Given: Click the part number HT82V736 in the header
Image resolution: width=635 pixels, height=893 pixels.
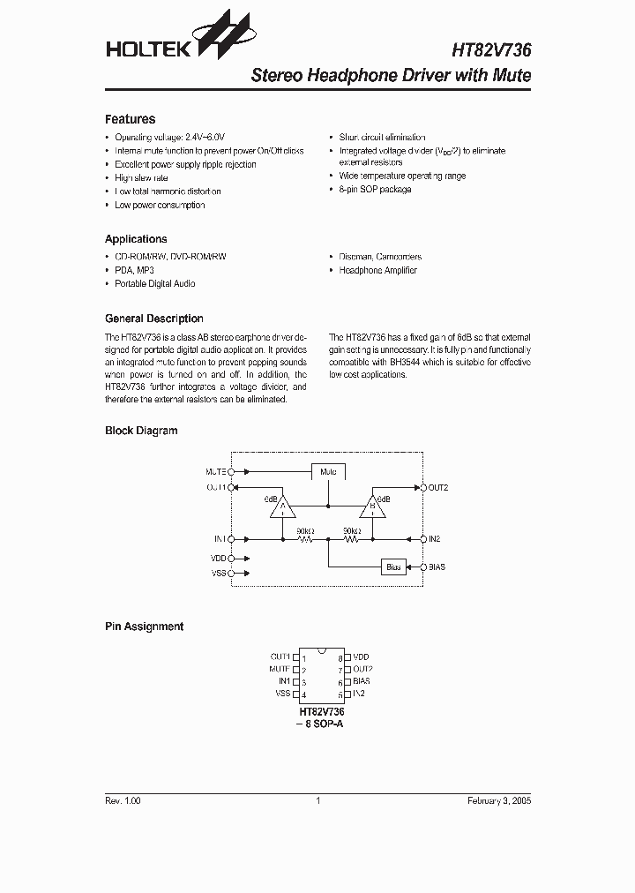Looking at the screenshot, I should [491, 51].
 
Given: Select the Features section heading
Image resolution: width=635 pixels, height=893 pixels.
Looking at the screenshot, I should [130, 119].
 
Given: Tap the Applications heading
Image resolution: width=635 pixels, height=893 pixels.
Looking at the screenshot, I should [136, 239].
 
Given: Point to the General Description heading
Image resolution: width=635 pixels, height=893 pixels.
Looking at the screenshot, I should [153, 319].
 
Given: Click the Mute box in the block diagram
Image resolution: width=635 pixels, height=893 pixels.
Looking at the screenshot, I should [328, 472].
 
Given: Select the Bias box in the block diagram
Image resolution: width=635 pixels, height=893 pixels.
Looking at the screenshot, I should [393, 567].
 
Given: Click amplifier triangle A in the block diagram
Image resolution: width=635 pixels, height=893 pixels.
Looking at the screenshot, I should [283, 507].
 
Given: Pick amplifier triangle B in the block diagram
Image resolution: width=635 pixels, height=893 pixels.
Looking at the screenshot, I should [372, 507].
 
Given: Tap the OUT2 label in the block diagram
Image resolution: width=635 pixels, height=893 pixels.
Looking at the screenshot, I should [438, 487].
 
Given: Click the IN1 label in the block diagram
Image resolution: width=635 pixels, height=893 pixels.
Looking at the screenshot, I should [219, 538].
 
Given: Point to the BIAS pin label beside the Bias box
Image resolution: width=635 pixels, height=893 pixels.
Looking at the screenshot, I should [437, 567].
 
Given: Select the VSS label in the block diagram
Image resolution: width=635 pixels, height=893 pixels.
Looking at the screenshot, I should [218, 574].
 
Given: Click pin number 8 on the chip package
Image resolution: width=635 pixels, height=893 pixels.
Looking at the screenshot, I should [339, 658].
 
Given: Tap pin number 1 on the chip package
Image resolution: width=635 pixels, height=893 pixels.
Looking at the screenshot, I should [304, 658].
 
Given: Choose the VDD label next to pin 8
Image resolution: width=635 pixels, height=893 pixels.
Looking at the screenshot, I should [361, 657].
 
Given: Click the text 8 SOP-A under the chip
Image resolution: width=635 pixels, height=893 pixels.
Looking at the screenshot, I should [325, 724].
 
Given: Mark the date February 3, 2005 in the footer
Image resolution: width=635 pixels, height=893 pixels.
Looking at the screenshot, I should [498, 800].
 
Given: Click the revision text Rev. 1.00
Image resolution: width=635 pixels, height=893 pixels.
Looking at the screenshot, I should [123, 800].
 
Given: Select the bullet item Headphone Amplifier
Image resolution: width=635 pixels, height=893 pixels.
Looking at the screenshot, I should [377, 270].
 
